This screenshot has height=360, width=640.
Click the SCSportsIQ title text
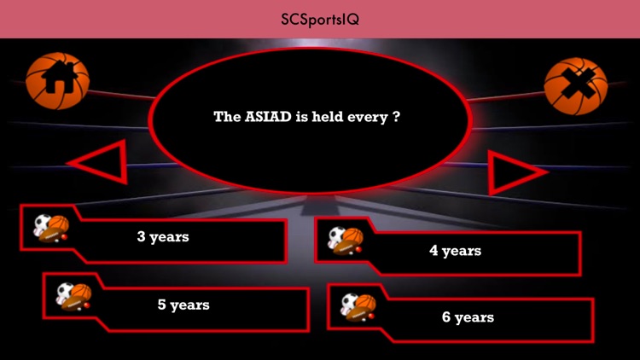tap(319, 19)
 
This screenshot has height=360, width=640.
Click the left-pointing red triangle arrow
tap(99, 160)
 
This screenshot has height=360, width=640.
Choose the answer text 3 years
tap(163, 236)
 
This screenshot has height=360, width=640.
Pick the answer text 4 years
tap(455, 251)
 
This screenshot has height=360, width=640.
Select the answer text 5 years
tap(183, 305)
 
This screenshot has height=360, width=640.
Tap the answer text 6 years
tap(468, 317)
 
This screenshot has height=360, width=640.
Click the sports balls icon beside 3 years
tap(50, 227)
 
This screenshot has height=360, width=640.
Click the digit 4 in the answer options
tap(433, 251)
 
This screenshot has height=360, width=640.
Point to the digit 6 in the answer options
tap(446, 317)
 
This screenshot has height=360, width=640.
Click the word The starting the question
tap(227, 118)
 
